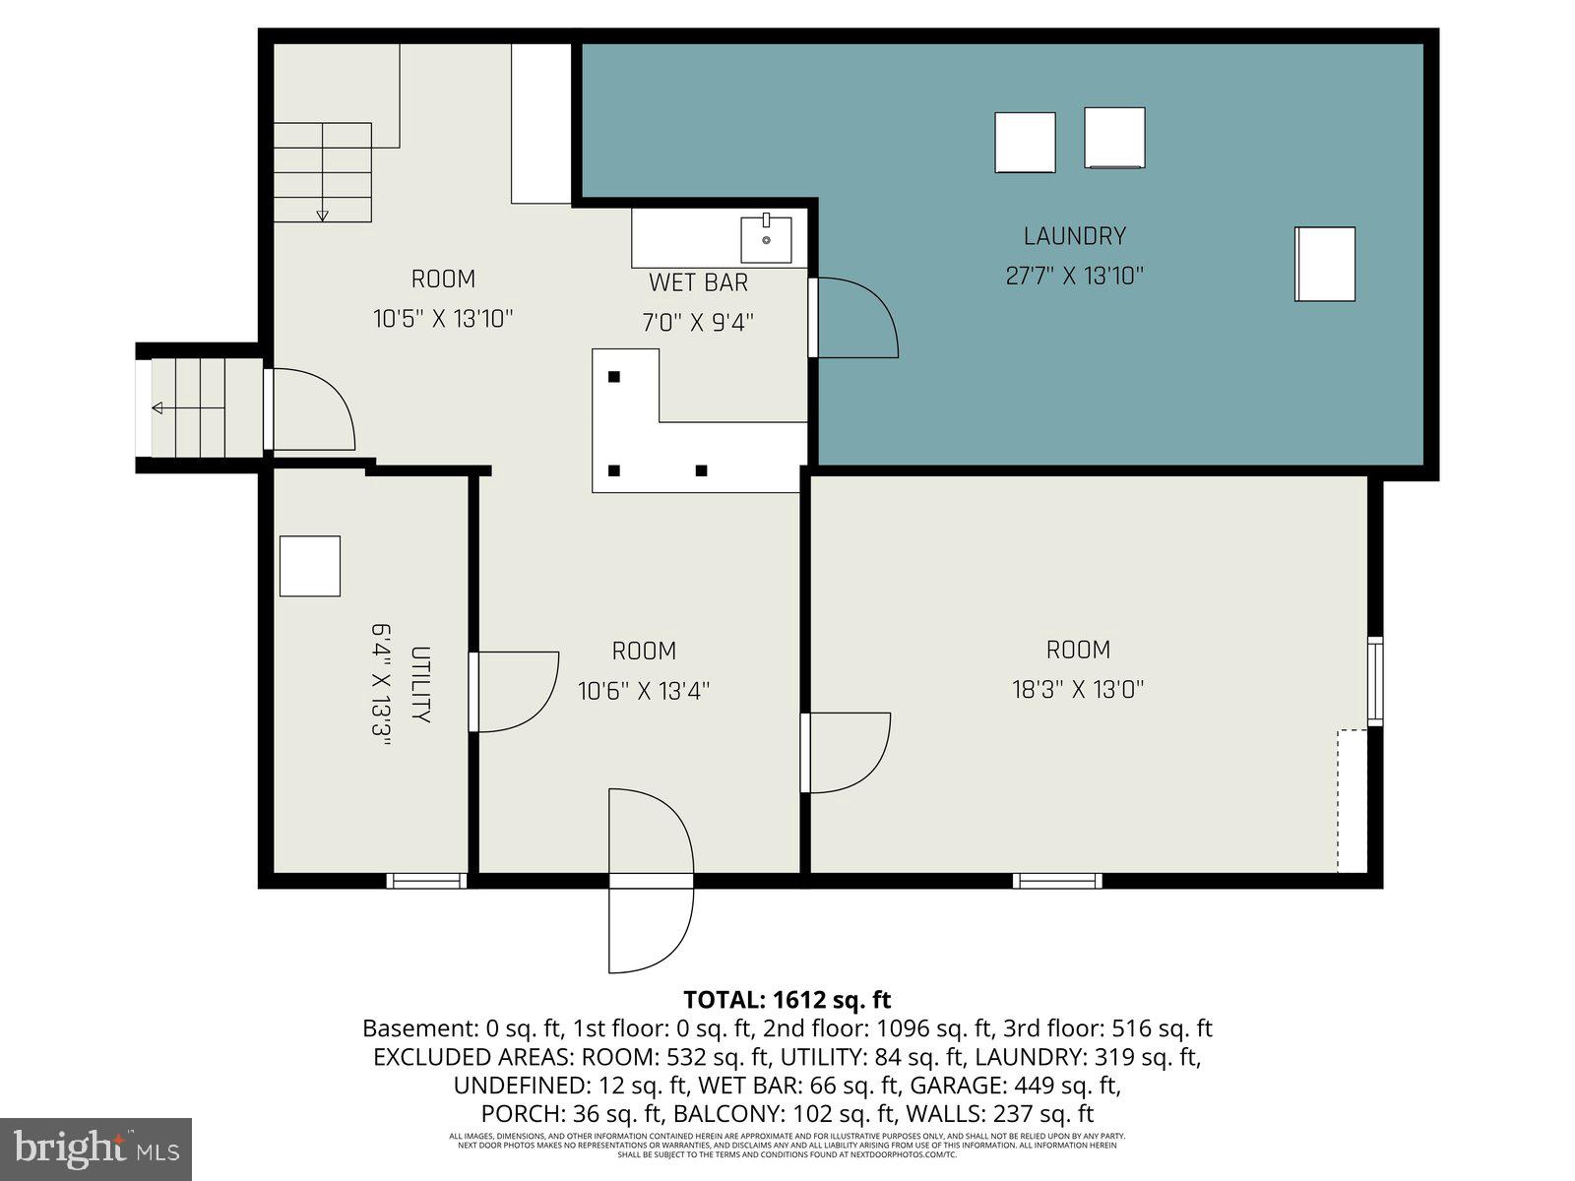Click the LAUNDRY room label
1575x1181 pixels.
tap(1074, 236)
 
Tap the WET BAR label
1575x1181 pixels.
tap(698, 282)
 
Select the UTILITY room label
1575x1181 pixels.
tap(420, 685)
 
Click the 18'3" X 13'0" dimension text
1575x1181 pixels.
tap(1078, 689)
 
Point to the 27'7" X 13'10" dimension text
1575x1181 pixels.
tap(1074, 276)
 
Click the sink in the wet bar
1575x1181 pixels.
tap(766, 239)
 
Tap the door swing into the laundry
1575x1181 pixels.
tap(854, 318)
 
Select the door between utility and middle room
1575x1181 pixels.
tap(514, 692)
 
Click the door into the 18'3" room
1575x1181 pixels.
tap(847, 753)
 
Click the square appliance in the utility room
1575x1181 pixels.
tap(309, 566)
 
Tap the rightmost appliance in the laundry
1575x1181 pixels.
tap(1324, 264)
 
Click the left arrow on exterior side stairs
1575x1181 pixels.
tap(157, 407)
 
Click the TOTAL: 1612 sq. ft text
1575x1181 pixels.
tap(787, 1000)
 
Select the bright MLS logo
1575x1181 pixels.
tap(95, 1149)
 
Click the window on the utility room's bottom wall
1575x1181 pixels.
tap(425, 881)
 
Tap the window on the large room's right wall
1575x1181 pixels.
tap(1375, 681)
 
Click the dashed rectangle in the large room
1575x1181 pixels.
tap(1352, 800)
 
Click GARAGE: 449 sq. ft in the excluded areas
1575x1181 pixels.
tap(1015, 1086)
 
